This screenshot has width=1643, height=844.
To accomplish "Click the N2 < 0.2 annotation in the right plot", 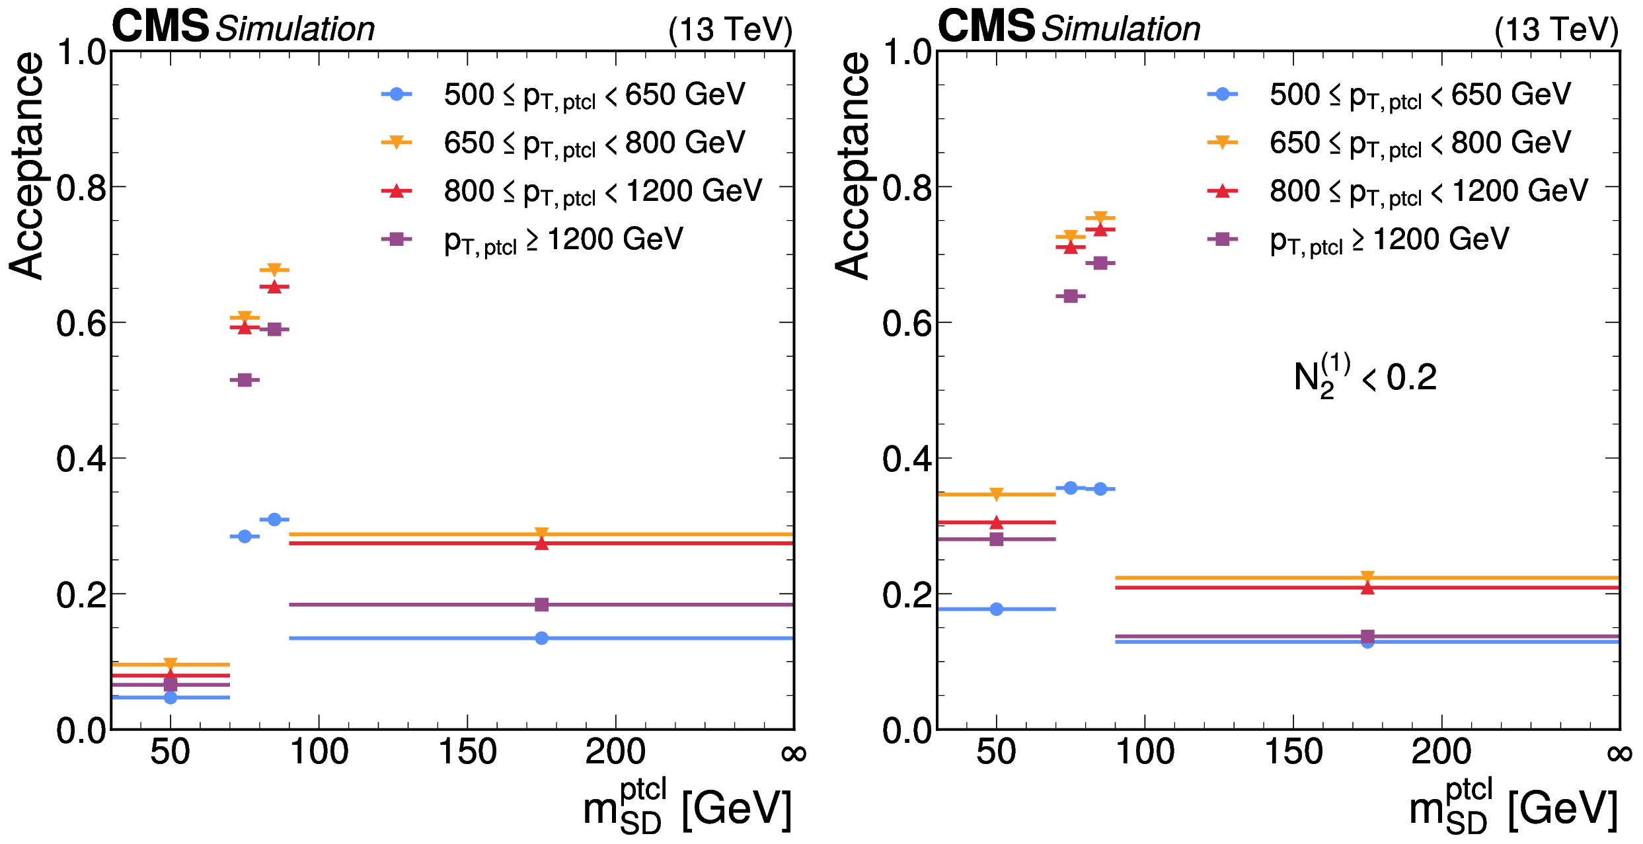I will point(1365,377).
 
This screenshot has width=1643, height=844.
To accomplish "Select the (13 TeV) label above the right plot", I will point(1556,30).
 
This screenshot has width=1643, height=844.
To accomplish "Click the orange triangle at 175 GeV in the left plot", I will point(541,533).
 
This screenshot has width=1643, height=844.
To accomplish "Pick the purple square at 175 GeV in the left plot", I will point(541,604).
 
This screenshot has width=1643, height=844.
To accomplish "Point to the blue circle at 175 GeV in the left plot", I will point(541,638).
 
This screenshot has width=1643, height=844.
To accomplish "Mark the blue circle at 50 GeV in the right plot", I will point(996,609).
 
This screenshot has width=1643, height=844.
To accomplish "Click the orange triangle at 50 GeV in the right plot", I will point(996,494).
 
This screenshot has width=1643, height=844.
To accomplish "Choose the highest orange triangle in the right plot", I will point(1100,217).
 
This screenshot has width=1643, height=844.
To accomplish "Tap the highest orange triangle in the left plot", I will point(274,270).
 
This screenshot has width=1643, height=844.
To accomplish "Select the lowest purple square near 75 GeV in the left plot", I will point(245,379).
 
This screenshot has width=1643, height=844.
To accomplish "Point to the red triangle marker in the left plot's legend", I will point(397,191).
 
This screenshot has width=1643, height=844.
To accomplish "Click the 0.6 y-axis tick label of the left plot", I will point(81,324).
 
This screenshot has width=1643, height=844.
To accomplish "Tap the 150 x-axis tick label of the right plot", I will point(1293,752).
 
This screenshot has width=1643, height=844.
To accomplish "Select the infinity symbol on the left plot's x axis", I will point(793,753).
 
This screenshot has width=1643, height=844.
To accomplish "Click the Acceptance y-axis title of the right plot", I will point(852,165).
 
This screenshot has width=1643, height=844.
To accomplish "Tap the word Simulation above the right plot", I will point(1121,29).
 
